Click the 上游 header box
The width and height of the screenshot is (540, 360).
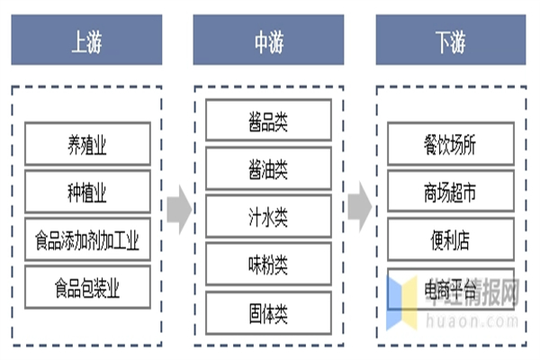(86, 40)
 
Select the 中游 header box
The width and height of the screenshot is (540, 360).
(268, 40)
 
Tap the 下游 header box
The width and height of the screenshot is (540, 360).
(450, 40)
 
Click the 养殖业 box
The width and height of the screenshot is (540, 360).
(86, 145)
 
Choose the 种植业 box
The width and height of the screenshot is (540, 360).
(86, 193)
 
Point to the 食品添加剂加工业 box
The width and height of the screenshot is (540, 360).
(86, 240)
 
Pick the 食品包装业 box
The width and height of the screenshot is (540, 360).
(86, 288)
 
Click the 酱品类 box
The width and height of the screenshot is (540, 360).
(268, 119)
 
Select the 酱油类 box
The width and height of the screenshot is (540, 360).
(268, 166)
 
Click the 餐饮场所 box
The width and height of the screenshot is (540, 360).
(450, 145)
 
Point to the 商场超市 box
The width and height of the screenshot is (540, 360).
(450, 193)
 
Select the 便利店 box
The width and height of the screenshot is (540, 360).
(450, 240)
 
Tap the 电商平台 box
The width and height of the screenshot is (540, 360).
(450, 288)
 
